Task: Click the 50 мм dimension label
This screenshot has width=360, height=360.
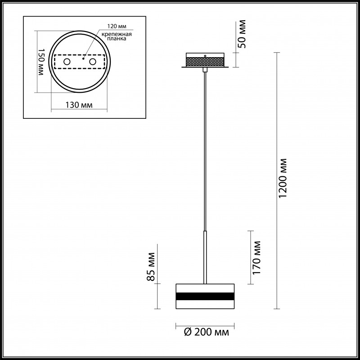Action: pyautogui.click(x=242, y=34)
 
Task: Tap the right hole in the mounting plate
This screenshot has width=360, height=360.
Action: pyautogui.click(x=93, y=61)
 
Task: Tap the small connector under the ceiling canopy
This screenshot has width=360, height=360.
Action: pyautogui.click(x=205, y=70)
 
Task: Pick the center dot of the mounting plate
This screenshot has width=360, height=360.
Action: pyautogui.click(x=83, y=58)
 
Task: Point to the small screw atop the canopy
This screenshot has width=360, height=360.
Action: pyautogui.click(x=205, y=56)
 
